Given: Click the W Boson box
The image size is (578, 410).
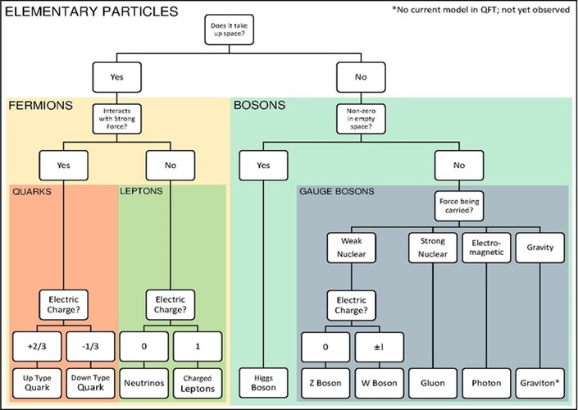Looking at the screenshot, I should pyautogui.click(x=378, y=381).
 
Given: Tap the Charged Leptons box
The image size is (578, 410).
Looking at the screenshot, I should pyautogui.click(x=197, y=381).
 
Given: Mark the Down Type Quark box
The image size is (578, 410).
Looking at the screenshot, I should pyautogui.click(x=90, y=381).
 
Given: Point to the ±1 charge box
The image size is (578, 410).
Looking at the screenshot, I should pyautogui.click(x=378, y=348).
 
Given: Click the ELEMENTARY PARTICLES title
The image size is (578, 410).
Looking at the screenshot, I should pyautogui.click(x=92, y=11).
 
